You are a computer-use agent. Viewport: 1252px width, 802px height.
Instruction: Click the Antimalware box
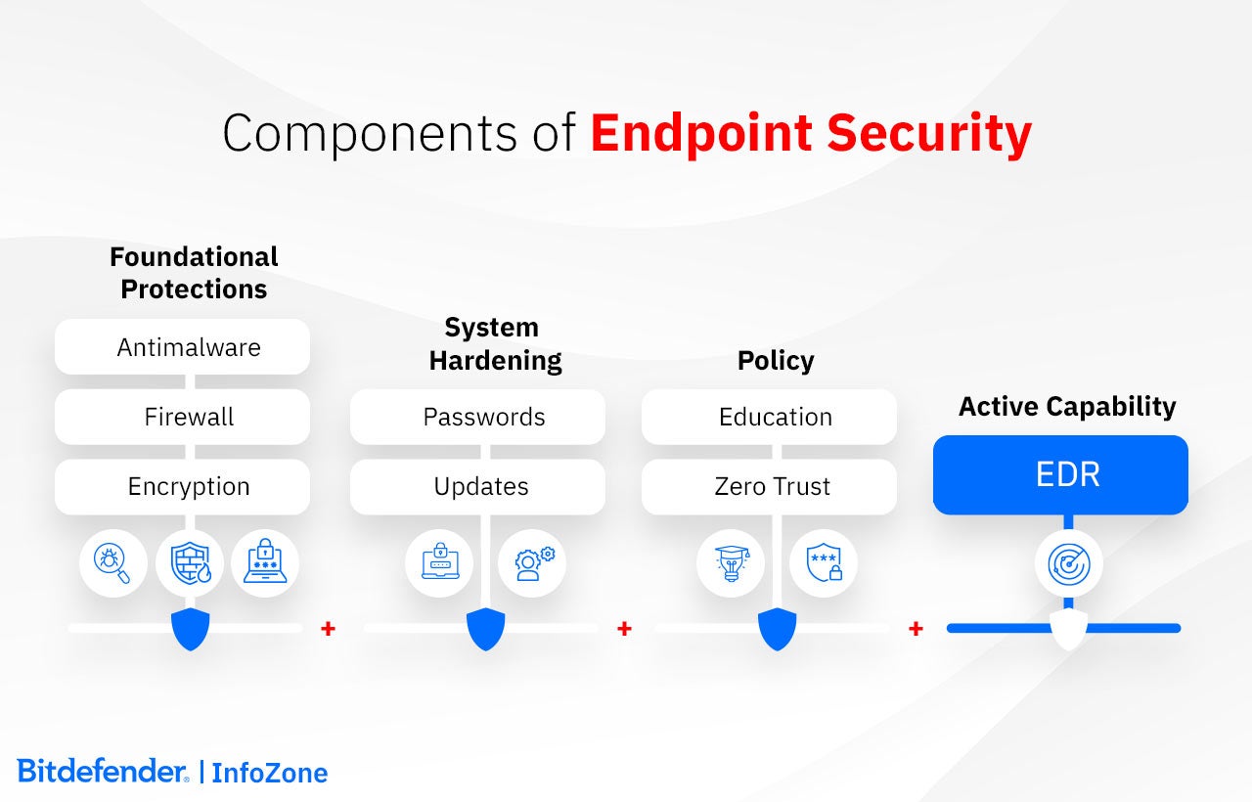(182, 347)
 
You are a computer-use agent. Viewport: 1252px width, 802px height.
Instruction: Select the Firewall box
(182, 417)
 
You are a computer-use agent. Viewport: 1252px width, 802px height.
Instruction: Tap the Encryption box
(182, 487)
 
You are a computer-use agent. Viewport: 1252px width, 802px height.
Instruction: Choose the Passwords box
(478, 417)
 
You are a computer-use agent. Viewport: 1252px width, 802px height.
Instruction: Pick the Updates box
(478, 487)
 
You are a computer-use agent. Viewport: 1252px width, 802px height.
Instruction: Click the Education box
(769, 417)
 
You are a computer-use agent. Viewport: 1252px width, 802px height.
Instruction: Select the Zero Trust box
(769, 487)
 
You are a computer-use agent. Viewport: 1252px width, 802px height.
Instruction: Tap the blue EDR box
(1061, 475)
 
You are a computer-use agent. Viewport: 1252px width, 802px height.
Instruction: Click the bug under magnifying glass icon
(112, 563)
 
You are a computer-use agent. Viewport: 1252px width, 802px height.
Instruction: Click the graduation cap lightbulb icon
(732, 563)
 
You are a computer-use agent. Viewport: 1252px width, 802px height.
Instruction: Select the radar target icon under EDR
(1069, 564)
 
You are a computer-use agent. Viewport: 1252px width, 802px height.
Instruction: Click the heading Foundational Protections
(194, 273)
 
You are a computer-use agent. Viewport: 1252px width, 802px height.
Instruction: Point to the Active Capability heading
(1067, 406)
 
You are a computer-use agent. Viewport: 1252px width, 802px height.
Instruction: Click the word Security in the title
(929, 134)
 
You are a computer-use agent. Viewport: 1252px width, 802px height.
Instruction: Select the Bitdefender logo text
(103, 772)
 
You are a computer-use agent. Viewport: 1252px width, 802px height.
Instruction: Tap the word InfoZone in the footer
(270, 773)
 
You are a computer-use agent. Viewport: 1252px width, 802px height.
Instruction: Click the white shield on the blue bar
(1069, 629)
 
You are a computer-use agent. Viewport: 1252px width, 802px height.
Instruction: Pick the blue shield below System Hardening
(486, 629)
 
